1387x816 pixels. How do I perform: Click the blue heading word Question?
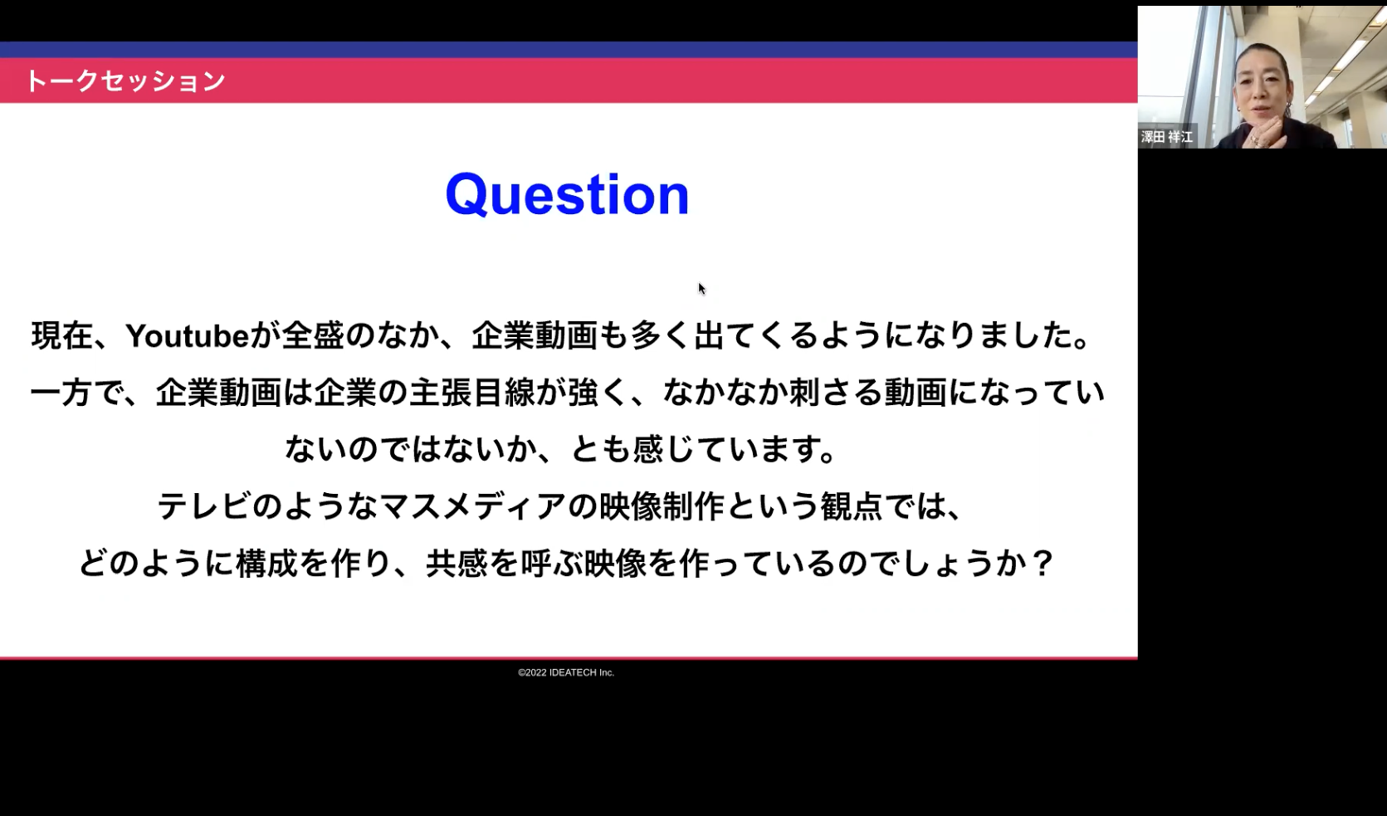(x=567, y=195)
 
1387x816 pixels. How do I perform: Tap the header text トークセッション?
(x=125, y=81)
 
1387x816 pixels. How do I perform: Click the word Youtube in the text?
(x=188, y=336)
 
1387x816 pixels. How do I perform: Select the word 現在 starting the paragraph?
(x=62, y=336)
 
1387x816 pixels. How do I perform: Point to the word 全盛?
(x=312, y=336)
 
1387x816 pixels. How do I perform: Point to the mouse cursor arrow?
(x=701, y=288)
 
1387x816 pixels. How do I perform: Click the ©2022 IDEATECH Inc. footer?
(x=566, y=672)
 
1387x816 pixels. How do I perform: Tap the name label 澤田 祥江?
(x=1167, y=137)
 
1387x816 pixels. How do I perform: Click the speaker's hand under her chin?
(x=1266, y=133)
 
